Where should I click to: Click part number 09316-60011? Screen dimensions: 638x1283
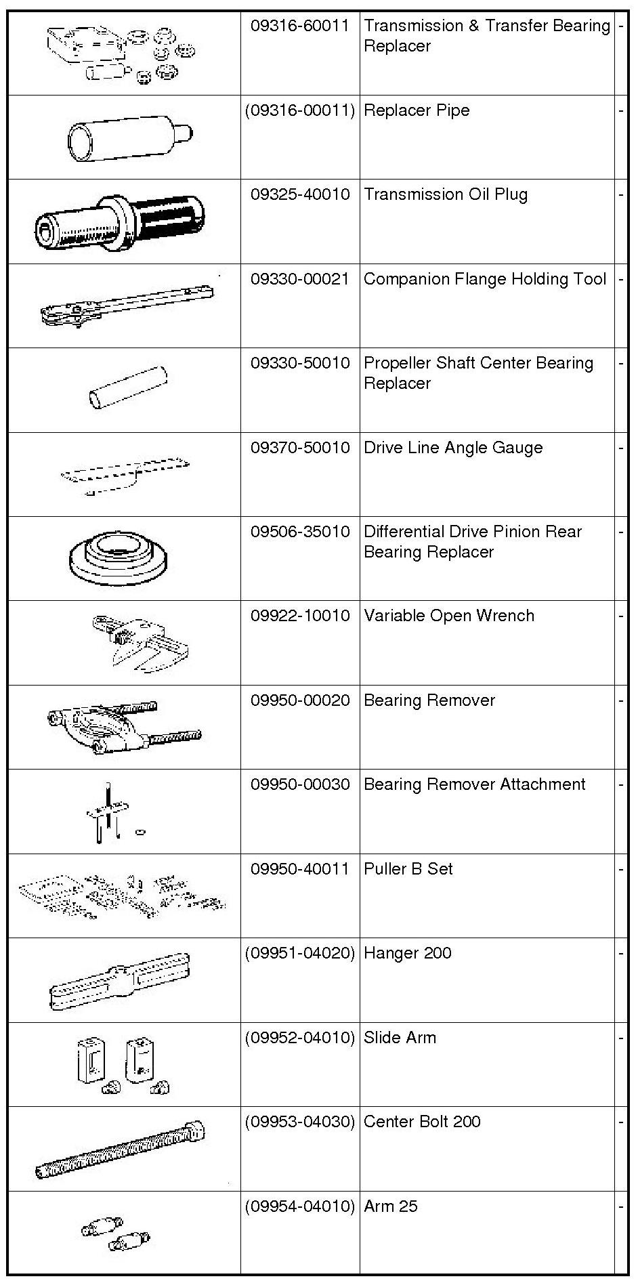[300, 26]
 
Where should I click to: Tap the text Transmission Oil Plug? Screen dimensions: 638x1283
[446, 194]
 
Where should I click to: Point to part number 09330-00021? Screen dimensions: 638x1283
[300, 279]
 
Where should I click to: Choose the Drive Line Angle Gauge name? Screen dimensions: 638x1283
[453, 448]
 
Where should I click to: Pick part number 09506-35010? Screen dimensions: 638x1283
[300, 532]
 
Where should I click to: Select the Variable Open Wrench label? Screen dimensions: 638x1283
[449, 616]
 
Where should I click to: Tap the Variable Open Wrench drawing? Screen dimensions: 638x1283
[141, 643]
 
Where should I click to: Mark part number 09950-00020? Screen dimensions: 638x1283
[300, 700]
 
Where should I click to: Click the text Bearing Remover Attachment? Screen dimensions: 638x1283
[475, 784]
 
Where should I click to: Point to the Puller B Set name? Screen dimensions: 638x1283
[408, 869]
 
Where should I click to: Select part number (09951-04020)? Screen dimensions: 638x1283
[300, 953]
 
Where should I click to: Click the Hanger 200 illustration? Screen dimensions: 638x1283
[119, 981]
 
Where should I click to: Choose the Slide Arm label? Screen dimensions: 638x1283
[400, 1038]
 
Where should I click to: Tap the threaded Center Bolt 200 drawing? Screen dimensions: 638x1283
[121, 1150]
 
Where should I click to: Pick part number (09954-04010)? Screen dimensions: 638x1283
[300, 1206]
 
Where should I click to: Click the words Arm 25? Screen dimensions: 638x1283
[391, 1206]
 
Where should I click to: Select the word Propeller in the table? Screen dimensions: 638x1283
[398, 364]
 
